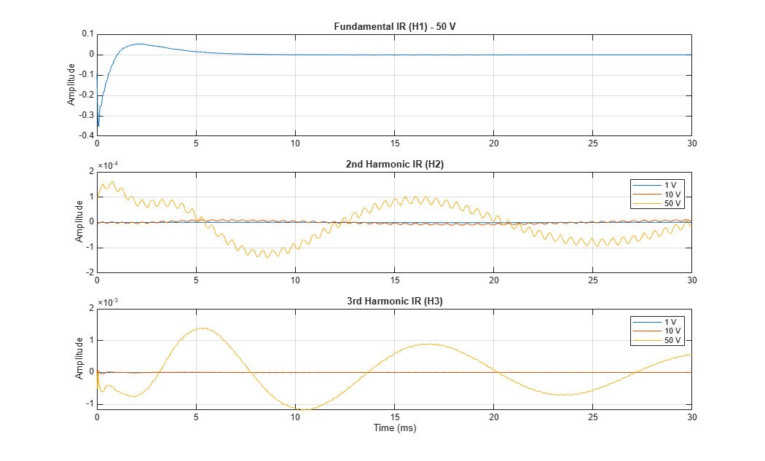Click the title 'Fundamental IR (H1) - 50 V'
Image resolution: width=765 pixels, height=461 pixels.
(x=395, y=26)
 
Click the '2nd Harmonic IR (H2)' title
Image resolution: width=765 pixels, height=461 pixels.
(x=395, y=164)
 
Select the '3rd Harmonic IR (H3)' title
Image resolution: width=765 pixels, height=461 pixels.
(x=395, y=301)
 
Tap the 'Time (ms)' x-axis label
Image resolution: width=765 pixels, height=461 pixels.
(x=395, y=427)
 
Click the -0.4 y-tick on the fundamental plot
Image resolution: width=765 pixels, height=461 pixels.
(x=87, y=135)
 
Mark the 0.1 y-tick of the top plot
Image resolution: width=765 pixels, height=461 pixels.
(x=88, y=34)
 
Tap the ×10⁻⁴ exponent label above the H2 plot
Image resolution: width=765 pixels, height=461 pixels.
(x=108, y=165)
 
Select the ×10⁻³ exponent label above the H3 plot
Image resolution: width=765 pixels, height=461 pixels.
(x=108, y=302)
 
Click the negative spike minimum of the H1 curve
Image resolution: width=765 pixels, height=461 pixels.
(x=98, y=126)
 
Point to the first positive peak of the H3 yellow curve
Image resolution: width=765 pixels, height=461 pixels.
(x=201, y=328)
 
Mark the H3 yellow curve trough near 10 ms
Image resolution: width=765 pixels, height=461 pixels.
(x=303, y=409)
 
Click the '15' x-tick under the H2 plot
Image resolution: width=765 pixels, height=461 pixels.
(x=395, y=280)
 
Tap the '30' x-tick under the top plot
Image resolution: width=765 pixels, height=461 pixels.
(x=692, y=143)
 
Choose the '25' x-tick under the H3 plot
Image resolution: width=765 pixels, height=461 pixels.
(x=593, y=417)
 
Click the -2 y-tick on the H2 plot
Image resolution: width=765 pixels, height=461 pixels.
(x=91, y=272)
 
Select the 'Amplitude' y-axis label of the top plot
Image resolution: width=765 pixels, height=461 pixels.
(x=71, y=84)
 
